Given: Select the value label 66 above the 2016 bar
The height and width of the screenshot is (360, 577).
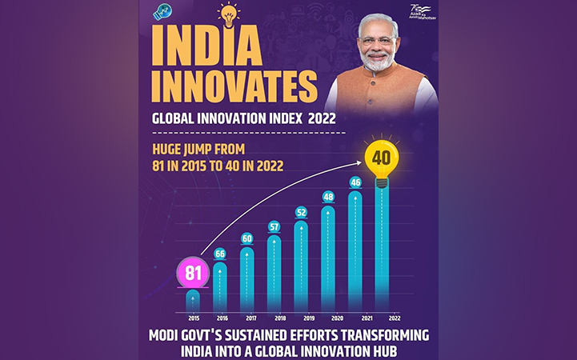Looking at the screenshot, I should [220, 254].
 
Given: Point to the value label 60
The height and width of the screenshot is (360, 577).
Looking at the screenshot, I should [247, 238].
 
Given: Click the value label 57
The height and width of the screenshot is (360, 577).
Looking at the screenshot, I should [274, 226].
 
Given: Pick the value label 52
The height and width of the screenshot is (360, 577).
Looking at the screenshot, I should [301, 212].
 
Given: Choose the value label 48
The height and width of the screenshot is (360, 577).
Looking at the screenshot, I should [328, 197].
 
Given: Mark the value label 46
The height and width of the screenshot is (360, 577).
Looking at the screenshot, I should [355, 182].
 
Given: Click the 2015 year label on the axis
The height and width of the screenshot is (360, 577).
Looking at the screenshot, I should [193, 317].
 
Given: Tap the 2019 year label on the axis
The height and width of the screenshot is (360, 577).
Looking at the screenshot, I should [301, 317].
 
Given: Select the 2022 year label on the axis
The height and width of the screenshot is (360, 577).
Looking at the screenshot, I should [383, 317].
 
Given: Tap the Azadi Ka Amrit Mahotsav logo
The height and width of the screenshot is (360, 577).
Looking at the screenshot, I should [416, 14].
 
